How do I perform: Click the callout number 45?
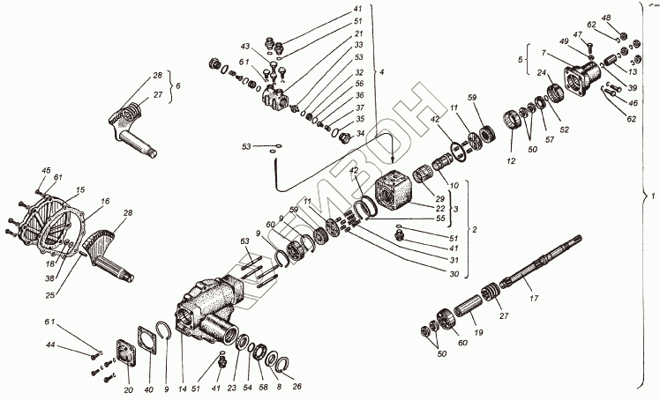click(47, 170)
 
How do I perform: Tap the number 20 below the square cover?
click(129, 390)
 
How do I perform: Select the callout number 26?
click(296, 385)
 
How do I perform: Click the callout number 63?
click(244, 241)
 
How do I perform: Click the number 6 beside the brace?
click(179, 86)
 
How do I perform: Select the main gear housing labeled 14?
click(212, 308)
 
